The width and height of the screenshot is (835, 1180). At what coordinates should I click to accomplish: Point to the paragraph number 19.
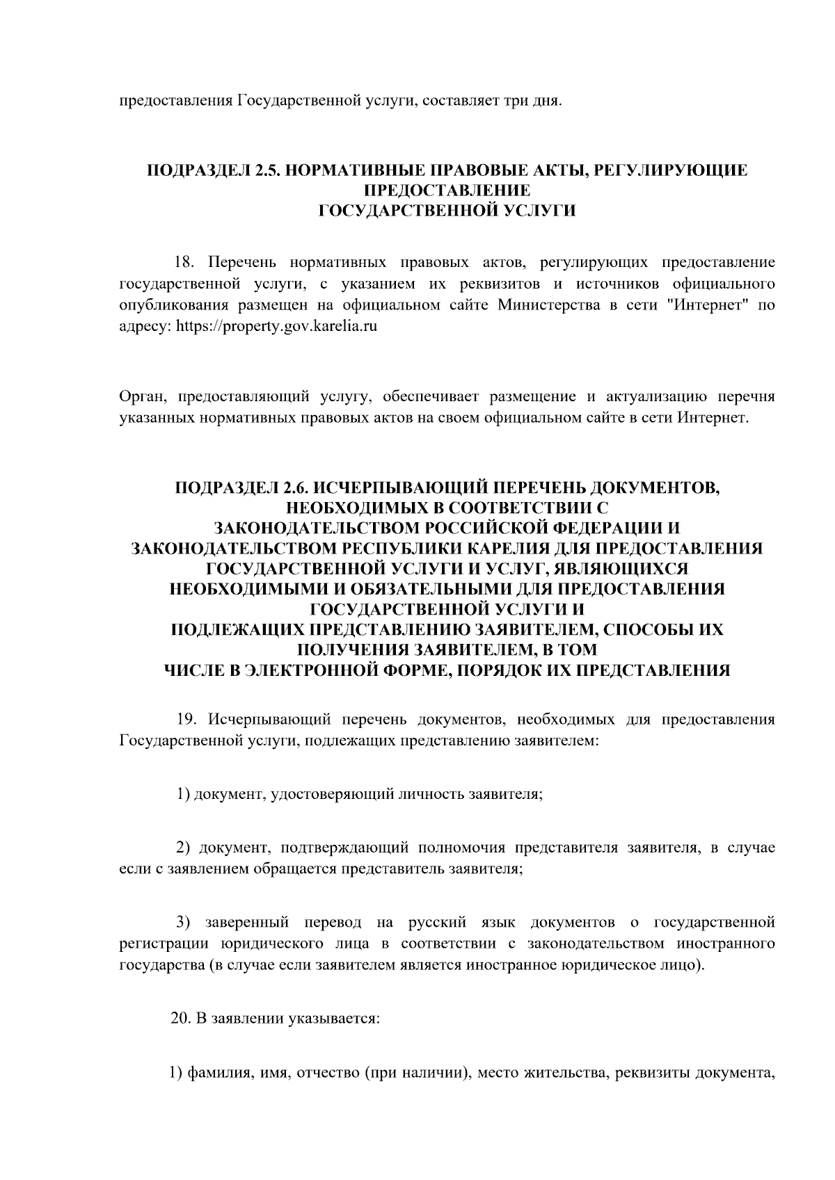coord(187,719)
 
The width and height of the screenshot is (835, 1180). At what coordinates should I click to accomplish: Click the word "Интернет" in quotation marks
coord(703,305)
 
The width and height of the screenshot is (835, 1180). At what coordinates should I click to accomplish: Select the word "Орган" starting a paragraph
coord(141,398)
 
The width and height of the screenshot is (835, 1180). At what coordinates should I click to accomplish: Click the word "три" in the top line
coord(515,102)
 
